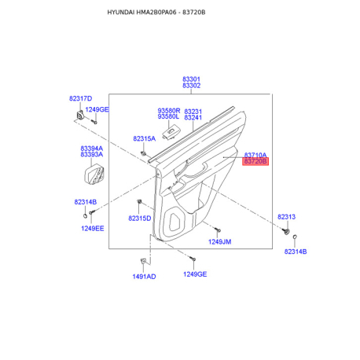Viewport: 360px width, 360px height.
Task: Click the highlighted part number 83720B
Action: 255,161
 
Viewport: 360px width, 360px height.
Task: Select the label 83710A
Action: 255,155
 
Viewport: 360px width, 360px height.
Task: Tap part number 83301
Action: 191,79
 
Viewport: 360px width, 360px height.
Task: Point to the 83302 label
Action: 191,86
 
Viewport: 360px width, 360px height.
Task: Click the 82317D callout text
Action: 81,98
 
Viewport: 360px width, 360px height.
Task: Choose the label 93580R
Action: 169,111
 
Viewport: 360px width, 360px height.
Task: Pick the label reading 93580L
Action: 168,116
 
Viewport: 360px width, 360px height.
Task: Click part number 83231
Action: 193,112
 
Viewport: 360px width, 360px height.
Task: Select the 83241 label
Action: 193,118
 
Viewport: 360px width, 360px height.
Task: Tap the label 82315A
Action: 145,138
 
